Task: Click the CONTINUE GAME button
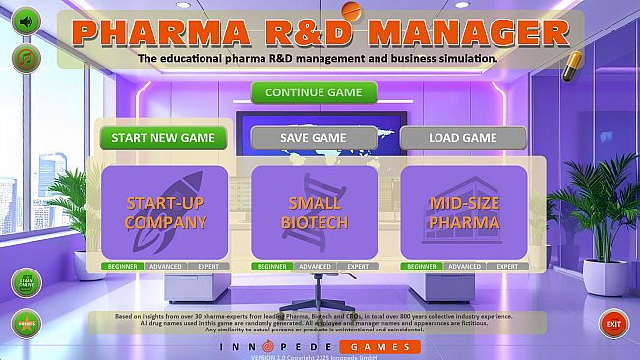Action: click(x=314, y=92)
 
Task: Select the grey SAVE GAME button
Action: click(x=314, y=138)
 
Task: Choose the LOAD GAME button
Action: click(x=463, y=138)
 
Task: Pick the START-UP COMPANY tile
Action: click(x=165, y=212)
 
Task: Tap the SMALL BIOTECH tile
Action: click(x=314, y=212)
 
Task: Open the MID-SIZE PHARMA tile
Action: click(x=464, y=212)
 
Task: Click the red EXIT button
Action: click(x=613, y=323)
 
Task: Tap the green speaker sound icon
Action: click(x=26, y=21)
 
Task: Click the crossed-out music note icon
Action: click(x=26, y=58)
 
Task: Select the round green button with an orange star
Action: click(x=26, y=323)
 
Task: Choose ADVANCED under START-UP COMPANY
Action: click(x=165, y=267)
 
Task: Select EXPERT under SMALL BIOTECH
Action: click(x=358, y=267)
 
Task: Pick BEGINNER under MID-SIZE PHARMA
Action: click(x=422, y=267)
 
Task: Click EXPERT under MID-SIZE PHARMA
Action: click(x=507, y=267)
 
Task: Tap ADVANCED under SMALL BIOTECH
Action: click(x=315, y=267)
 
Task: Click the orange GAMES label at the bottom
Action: click(x=379, y=347)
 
